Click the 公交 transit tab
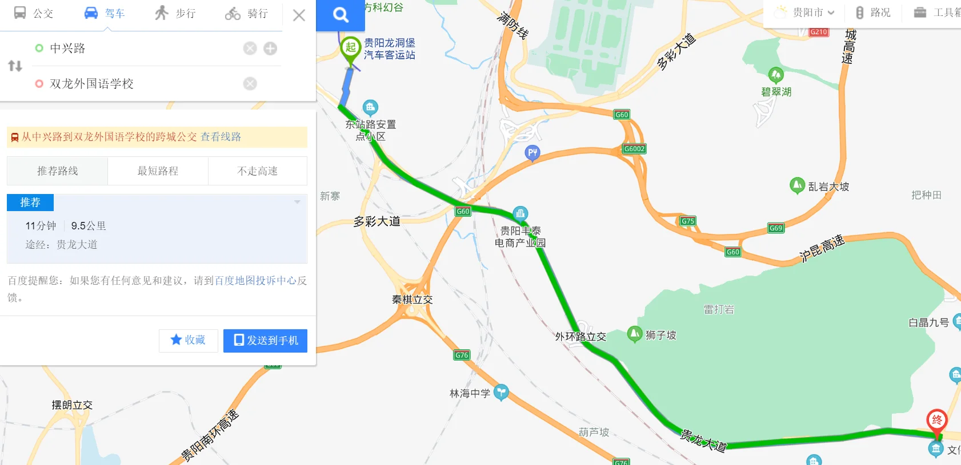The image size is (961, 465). click(x=33, y=13)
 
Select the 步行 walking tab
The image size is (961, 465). click(x=175, y=13)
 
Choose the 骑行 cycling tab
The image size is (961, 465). click(x=246, y=13)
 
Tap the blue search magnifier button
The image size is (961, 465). click(x=341, y=15)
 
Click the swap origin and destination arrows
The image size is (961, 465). click(x=15, y=66)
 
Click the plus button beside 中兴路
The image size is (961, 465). click(x=270, y=48)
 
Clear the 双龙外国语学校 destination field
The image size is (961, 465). click(x=250, y=84)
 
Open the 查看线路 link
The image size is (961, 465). click(x=221, y=137)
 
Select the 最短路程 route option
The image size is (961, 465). click(x=158, y=171)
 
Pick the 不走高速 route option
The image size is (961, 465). click(x=258, y=171)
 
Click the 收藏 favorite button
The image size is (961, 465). click(x=188, y=340)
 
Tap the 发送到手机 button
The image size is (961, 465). click(x=265, y=341)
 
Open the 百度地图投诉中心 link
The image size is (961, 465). click(x=255, y=281)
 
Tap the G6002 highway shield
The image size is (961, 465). click(x=634, y=149)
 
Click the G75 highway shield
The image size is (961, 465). click(x=688, y=221)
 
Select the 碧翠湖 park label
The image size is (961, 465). click(x=776, y=92)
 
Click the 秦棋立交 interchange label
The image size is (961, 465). click(x=412, y=300)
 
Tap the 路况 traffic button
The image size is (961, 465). click(x=873, y=13)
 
